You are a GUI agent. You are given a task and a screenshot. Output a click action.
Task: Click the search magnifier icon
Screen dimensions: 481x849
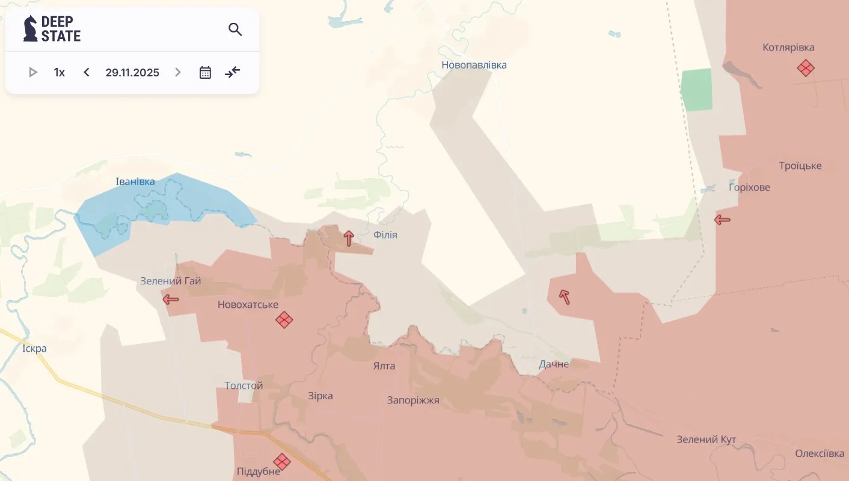point(235,29)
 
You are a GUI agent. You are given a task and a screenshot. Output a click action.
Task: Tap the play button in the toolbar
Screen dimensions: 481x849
point(33,72)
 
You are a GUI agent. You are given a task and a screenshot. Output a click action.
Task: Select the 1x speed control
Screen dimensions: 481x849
point(60,72)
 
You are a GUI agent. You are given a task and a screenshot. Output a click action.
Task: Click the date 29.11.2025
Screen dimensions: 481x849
point(132,72)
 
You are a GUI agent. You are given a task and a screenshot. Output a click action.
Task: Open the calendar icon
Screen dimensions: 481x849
point(205,72)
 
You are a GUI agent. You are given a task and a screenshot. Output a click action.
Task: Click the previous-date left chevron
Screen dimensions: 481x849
point(87,72)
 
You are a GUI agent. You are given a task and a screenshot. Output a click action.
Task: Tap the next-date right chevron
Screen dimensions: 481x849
point(177,72)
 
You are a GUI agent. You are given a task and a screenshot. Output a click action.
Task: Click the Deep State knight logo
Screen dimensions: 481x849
point(30,28)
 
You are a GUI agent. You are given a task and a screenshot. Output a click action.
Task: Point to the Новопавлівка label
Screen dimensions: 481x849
point(474,65)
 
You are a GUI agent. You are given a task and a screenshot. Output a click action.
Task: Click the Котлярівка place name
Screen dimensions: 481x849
point(788,47)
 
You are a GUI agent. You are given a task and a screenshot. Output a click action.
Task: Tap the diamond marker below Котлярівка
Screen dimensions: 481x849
point(805,67)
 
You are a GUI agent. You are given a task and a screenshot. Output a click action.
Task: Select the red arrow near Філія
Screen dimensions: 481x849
point(349,238)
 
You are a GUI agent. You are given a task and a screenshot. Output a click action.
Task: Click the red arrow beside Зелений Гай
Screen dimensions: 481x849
point(171,299)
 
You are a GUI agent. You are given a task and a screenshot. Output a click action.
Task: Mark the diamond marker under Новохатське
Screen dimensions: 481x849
point(284,319)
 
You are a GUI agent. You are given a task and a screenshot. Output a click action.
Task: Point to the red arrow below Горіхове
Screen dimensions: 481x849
point(722,220)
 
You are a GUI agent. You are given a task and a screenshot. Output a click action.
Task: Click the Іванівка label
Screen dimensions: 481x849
point(135,182)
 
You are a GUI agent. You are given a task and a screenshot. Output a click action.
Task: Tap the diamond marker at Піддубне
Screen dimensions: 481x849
point(281,461)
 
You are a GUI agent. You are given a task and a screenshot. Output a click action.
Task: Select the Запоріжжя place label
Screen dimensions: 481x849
point(413,400)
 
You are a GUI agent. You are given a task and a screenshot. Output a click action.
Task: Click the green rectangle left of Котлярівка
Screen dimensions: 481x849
point(697,90)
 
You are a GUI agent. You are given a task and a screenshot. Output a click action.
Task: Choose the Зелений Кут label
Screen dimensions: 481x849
point(706,440)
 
